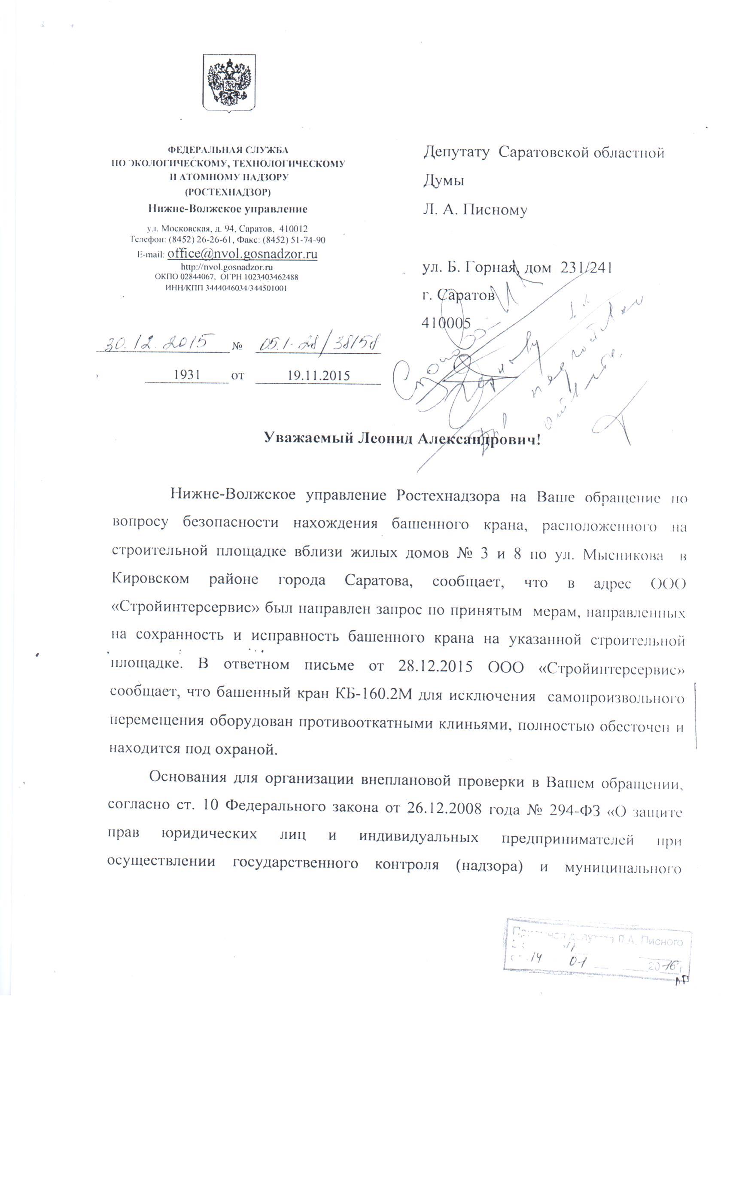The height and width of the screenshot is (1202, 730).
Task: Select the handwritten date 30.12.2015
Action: click(157, 341)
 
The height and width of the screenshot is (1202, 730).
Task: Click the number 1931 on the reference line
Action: click(187, 375)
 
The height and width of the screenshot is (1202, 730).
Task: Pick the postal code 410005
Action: click(446, 323)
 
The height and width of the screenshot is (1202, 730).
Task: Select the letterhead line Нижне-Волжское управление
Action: click(228, 209)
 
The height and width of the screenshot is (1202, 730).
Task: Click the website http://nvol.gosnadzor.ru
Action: click(226, 267)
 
